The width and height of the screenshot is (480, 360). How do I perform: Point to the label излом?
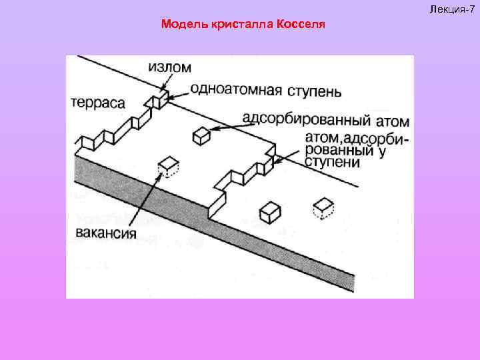tap(169, 67)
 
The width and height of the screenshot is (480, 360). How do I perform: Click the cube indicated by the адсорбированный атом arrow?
tap(201, 136)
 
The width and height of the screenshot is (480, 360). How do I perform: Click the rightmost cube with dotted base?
tap(324, 207)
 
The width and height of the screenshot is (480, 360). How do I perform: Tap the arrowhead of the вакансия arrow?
tap(160, 178)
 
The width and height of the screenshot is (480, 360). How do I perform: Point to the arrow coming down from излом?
tap(165, 81)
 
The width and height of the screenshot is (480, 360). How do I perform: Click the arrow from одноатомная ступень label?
tap(178, 95)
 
